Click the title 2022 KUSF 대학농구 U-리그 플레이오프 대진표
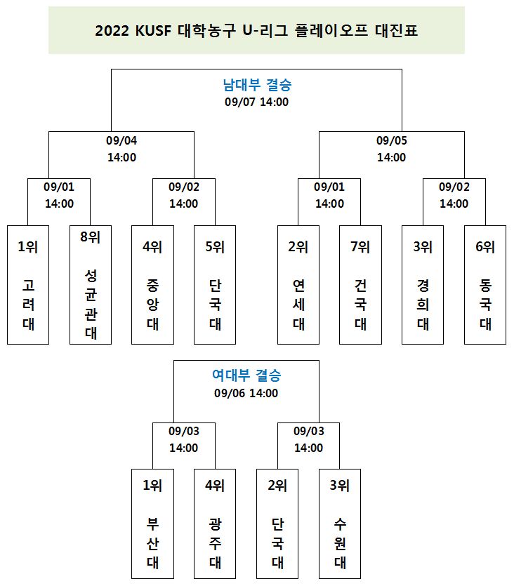click(256, 30)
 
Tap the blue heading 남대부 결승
click(257, 84)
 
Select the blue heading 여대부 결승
click(246, 375)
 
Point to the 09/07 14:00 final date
click(256, 102)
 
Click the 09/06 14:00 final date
click(246, 393)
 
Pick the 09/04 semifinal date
click(121, 140)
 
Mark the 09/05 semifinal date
click(391, 140)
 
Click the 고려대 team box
click(28, 285)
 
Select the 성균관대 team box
click(91, 285)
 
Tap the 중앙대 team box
click(152, 285)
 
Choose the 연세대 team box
click(298, 285)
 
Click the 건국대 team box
click(360, 285)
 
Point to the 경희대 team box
click(423, 285)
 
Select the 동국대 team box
click(485, 285)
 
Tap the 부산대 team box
click(152, 524)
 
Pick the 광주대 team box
click(215, 524)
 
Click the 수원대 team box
click(340, 524)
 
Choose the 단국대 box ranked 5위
click(215, 285)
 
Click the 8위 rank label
click(91, 237)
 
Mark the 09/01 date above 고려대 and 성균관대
click(59, 187)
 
